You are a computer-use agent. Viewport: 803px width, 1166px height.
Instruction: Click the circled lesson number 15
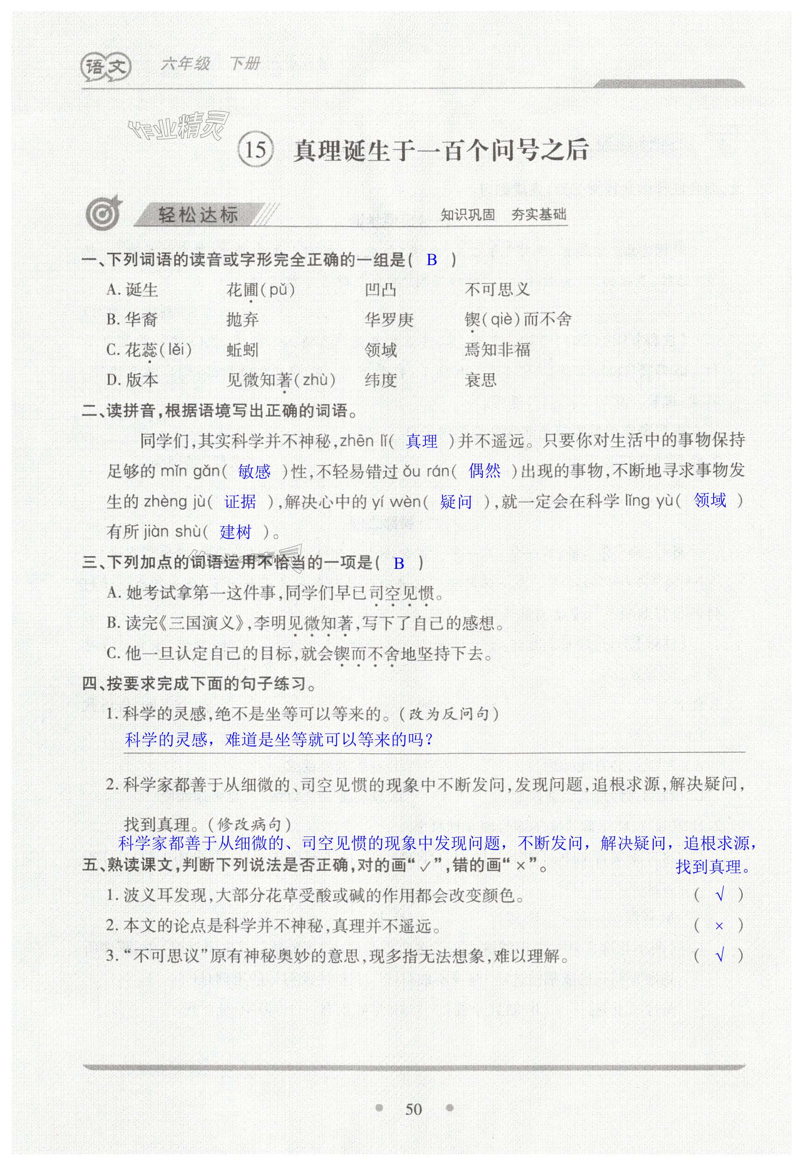(x=256, y=149)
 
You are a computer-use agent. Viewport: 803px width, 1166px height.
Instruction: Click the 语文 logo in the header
(x=106, y=66)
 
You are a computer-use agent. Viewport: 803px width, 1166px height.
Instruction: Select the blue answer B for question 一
(x=432, y=260)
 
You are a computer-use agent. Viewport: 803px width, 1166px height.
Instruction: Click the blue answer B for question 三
(x=399, y=563)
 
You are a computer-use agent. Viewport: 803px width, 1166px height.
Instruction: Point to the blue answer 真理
(x=422, y=441)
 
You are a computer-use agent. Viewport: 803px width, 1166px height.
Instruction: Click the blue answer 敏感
(x=254, y=472)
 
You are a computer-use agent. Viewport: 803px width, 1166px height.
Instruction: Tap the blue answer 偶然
(x=484, y=471)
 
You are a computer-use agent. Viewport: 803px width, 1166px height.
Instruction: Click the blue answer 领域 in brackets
(x=710, y=500)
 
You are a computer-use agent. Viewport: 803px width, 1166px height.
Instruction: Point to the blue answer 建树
(x=235, y=532)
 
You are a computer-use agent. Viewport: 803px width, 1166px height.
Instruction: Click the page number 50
(x=414, y=1109)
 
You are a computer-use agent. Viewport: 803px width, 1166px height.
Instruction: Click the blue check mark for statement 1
(x=720, y=895)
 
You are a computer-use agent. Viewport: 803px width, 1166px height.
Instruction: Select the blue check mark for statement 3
(x=720, y=955)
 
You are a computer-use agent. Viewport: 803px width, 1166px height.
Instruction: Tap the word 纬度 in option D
(x=380, y=380)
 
